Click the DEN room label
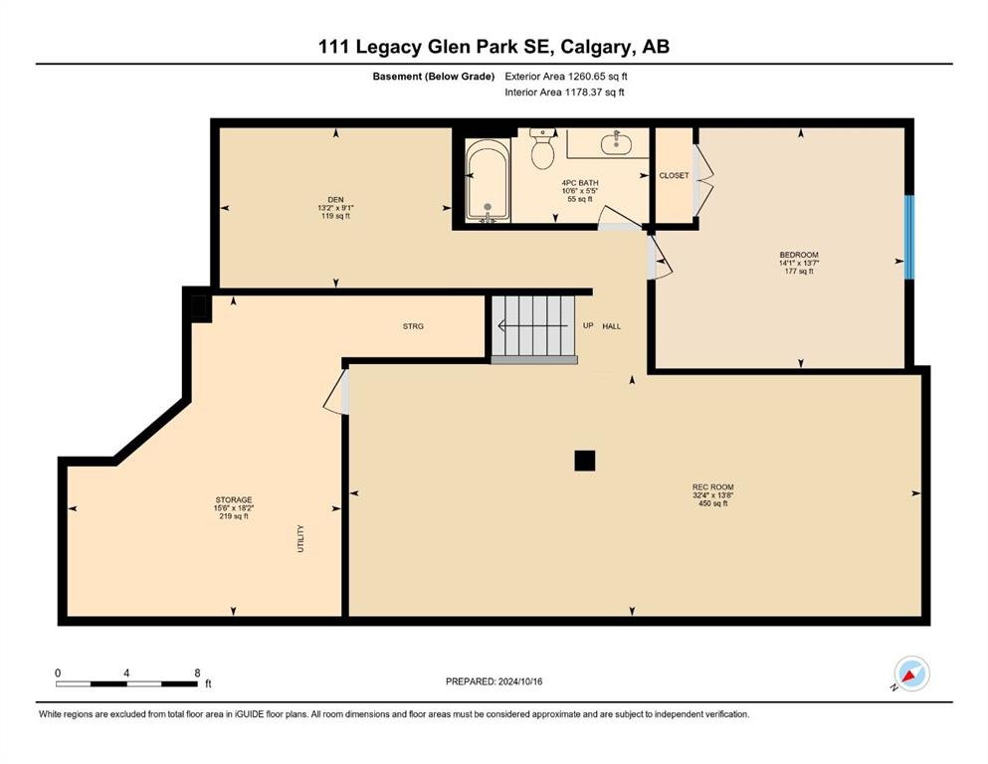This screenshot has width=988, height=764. [x=335, y=200]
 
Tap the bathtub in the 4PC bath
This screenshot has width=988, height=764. [x=488, y=180]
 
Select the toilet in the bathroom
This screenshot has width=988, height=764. [x=542, y=148]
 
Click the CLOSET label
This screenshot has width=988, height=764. [x=674, y=175]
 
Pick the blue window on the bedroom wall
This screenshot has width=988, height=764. [x=909, y=238]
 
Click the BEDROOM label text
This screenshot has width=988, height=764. [x=798, y=255]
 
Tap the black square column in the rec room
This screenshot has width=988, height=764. [x=585, y=461]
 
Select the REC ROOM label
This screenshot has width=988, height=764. [x=712, y=486]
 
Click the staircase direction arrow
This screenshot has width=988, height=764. [x=533, y=325]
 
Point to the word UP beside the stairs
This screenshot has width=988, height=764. [x=588, y=325]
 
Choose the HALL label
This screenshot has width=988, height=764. [x=611, y=326]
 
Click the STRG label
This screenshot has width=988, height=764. [x=413, y=326]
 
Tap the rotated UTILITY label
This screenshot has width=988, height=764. [x=300, y=538]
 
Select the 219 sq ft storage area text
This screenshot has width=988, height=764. [x=233, y=516]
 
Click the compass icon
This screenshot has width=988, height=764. [x=911, y=673]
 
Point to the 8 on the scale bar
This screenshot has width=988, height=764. [x=197, y=672]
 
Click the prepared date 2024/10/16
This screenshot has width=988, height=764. [x=519, y=681]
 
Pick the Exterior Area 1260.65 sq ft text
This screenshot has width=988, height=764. [x=566, y=77]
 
